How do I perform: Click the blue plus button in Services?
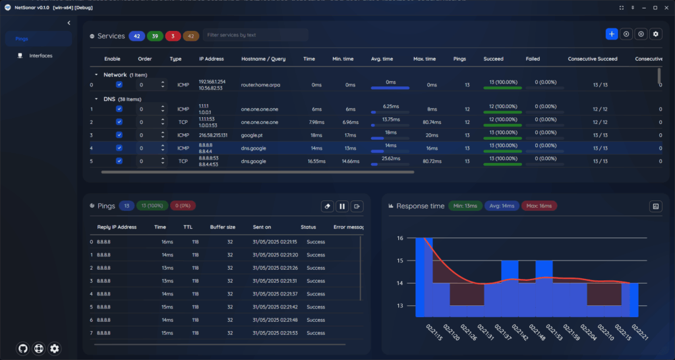click(612, 34)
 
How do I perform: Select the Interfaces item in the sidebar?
click(40, 55)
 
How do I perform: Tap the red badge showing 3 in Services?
click(173, 36)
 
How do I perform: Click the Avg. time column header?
click(382, 59)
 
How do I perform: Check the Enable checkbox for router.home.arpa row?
click(119, 84)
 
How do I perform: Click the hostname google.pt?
click(253, 135)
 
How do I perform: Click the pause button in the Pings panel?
click(342, 206)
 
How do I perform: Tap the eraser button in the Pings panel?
click(328, 206)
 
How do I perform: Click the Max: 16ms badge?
click(539, 206)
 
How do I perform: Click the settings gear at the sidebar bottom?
click(55, 348)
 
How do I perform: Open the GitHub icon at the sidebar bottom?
click(23, 348)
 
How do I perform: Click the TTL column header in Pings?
click(188, 227)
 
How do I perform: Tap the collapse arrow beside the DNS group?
click(96, 99)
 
